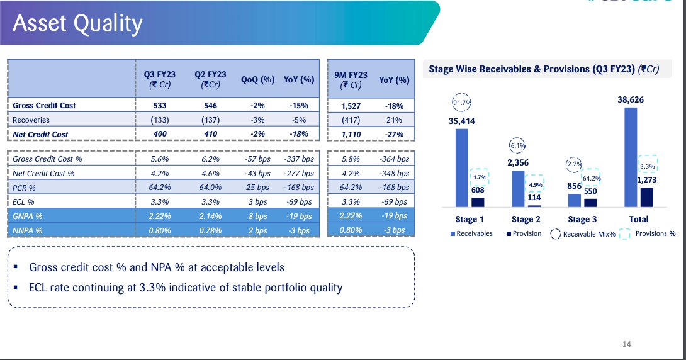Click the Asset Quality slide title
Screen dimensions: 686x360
point(77,23)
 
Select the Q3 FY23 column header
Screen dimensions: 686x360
point(160,79)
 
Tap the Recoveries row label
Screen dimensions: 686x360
point(31,120)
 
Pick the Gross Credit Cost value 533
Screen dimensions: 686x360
point(160,105)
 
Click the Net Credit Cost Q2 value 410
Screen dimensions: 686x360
point(210,134)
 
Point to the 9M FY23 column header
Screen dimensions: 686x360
point(351,80)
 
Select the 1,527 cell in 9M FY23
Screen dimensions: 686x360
point(351,106)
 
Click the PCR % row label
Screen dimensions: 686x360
point(24,188)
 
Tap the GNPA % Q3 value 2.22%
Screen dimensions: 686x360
point(160,216)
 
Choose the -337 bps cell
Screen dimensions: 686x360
point(299,159)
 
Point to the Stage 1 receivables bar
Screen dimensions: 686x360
point(461,167)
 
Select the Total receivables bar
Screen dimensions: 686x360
point(631,157)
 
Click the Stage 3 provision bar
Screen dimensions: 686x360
point(590,203)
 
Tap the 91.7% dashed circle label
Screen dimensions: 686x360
point(461,103)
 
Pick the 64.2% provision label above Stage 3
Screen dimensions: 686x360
point(592,178)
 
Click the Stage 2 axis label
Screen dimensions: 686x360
point(526,219)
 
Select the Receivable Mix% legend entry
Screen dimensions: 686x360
point(583,234)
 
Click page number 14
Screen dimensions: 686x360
point(626,344)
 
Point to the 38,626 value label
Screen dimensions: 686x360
point(631,99)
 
